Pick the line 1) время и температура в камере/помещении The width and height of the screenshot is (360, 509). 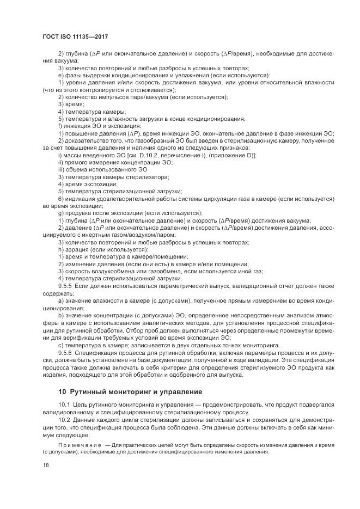click(x=123, y=256)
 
